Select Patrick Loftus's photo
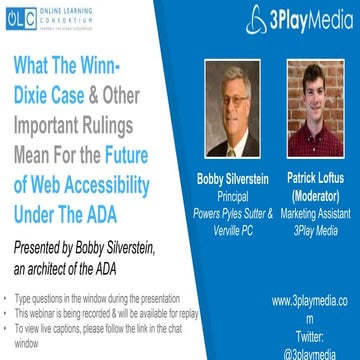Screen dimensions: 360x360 coord(317,103)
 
